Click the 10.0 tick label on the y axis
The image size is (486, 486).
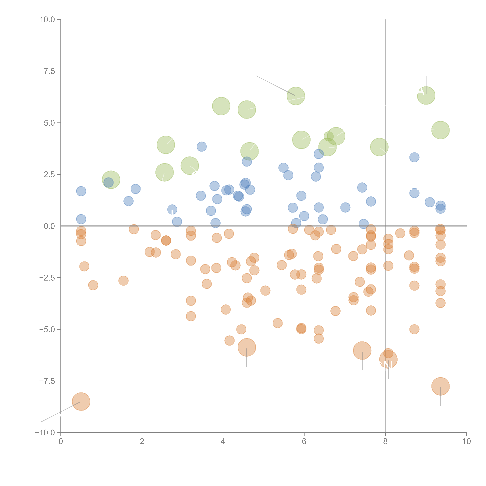coord(47,20)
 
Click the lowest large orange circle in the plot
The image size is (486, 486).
coord(81,401)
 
